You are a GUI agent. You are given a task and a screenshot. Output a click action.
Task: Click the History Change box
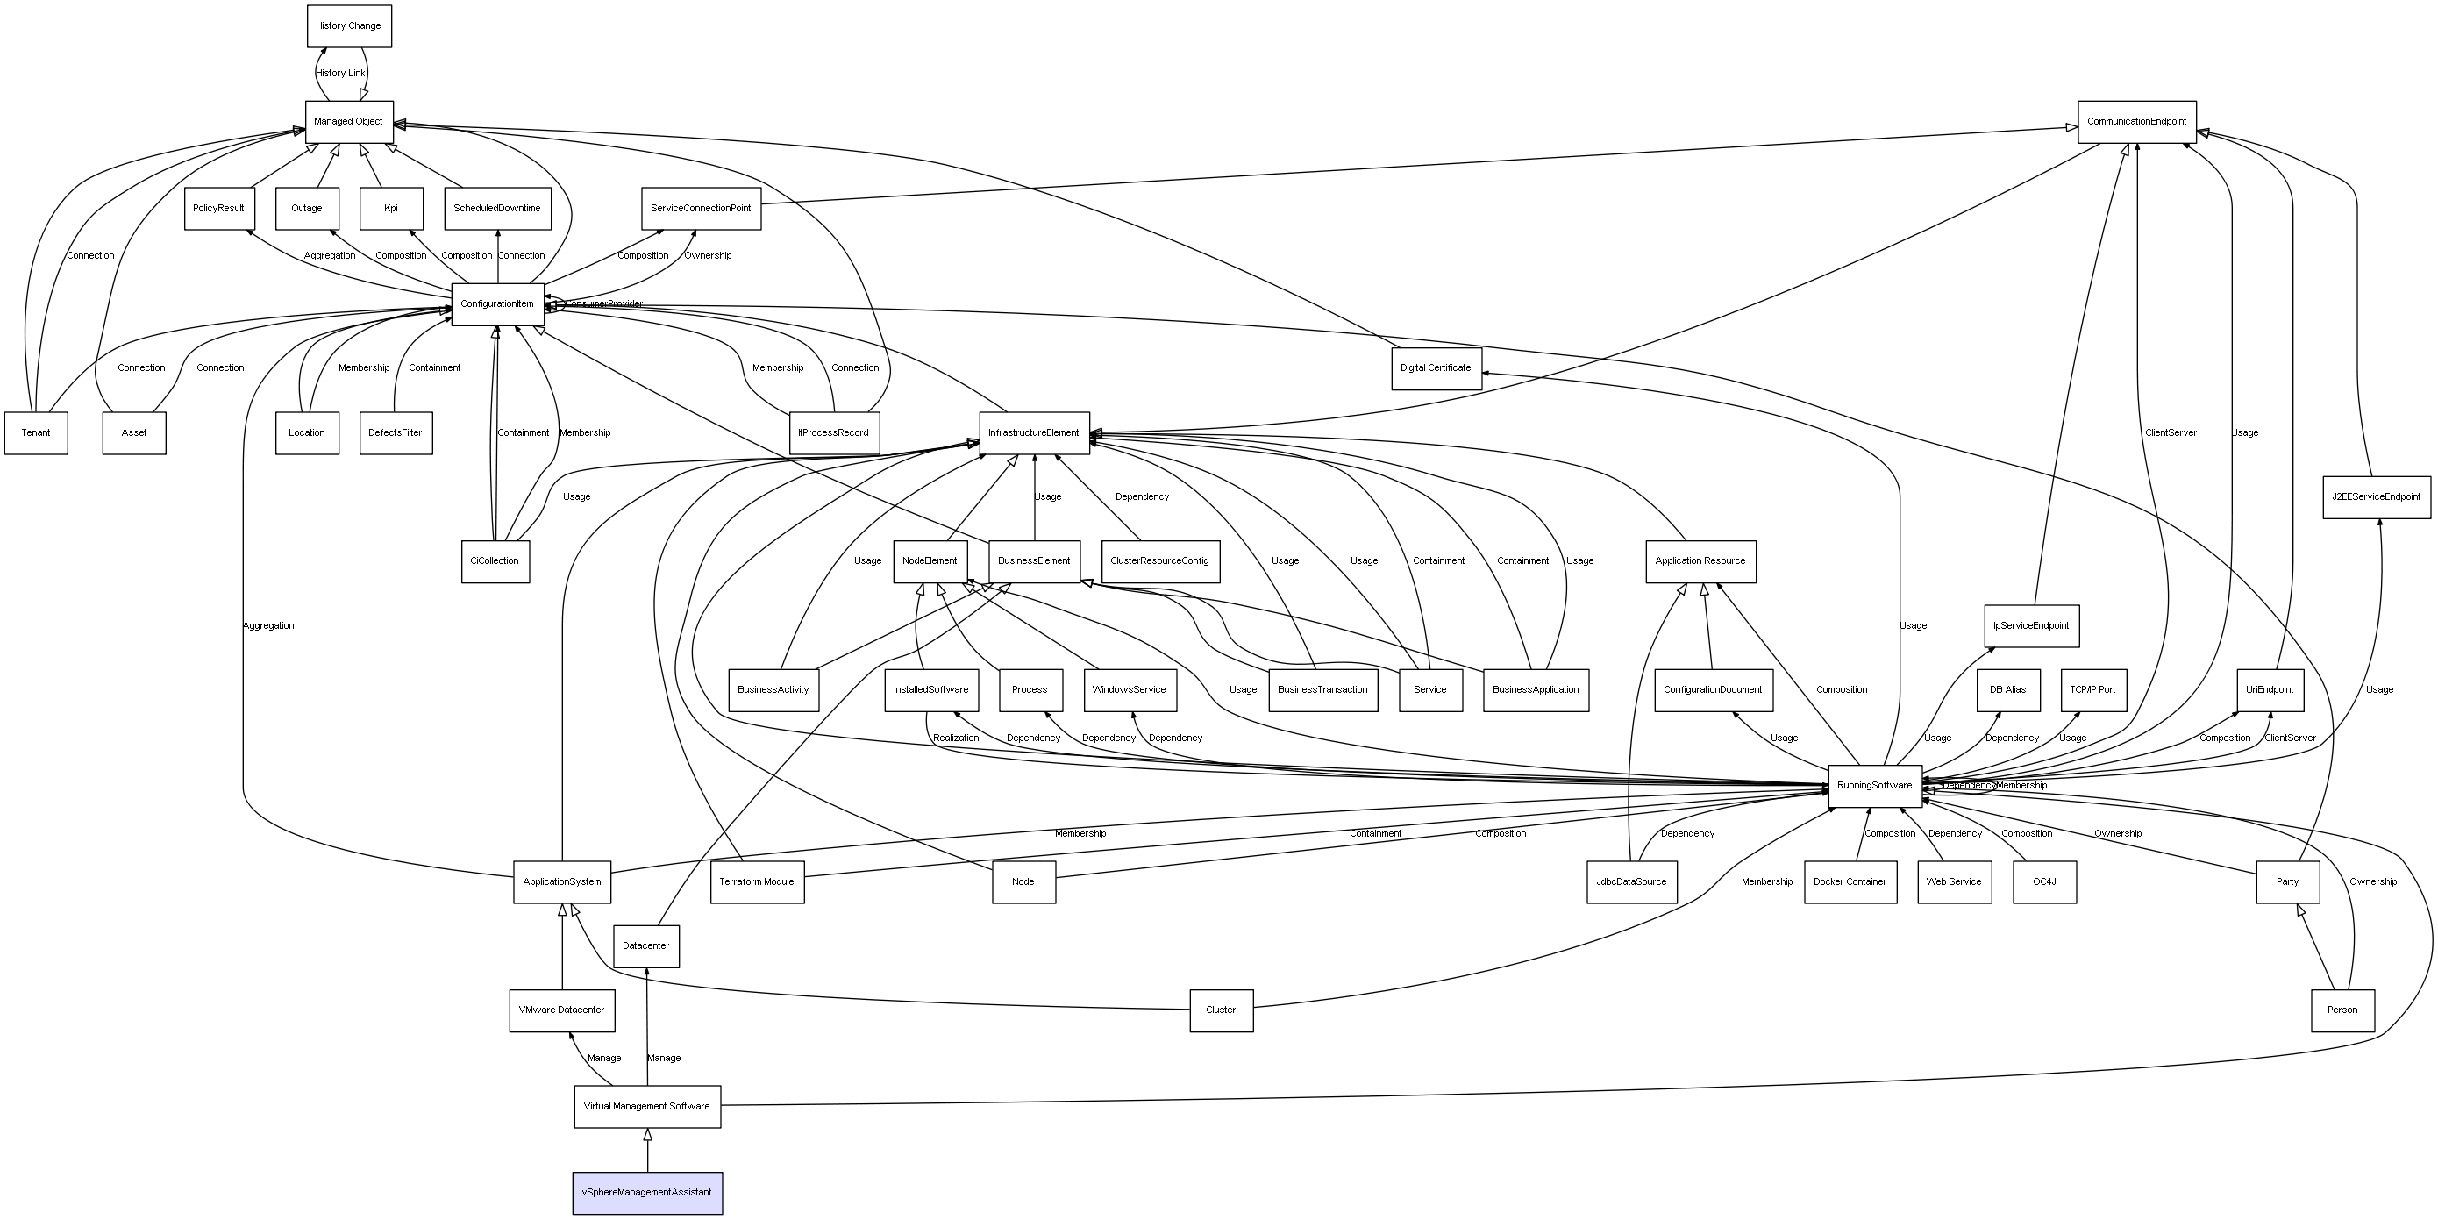click(x=348, y=26)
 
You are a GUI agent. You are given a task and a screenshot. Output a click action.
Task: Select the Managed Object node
click(x=348, y=122)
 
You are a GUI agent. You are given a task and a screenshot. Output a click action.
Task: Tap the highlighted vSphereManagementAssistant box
click(x=647, y=1193)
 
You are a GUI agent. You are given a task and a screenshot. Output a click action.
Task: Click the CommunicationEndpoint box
click(x=2136, y=122)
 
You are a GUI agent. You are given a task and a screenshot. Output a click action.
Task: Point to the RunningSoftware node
click(x=1874, y=786)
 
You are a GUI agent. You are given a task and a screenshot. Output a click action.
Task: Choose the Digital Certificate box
click(x=1436, y=368)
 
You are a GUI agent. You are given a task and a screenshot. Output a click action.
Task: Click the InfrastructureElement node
click(x=1033, y=433)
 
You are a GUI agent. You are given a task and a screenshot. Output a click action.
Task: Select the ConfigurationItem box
click(x=497, y=304)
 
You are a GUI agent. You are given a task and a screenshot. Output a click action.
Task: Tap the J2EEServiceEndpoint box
click(x=2376, y=497)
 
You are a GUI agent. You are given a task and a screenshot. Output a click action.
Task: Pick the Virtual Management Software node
click(x=646, y=1107)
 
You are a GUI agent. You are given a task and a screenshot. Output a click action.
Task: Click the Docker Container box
click(x=1850, y=882)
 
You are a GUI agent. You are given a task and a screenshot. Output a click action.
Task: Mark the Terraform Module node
click(x=756, y=882)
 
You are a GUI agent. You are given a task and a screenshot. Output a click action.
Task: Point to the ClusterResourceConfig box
click(x=1159, y=561)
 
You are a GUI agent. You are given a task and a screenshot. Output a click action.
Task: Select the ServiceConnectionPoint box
click(x=701, y=208)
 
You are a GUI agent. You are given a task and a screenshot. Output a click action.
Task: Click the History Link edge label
click(x=339, y=74)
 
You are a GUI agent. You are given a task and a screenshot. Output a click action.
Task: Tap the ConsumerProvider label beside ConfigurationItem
click(x=606, y=303)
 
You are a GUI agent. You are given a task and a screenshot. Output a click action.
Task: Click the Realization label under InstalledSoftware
click(x=956, y=738)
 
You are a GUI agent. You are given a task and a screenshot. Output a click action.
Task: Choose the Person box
click(x=2342, y=1010)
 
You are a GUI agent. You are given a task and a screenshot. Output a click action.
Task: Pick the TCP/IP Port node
click(x=2092, y=690)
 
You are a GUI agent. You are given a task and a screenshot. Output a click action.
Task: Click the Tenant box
click(x=36, y=433)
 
